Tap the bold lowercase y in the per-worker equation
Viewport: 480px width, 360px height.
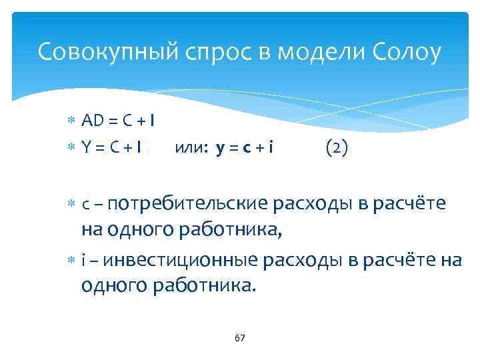coord(220,148)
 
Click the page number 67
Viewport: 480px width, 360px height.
coord(240,338)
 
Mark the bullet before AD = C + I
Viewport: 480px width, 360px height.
coord(72,121)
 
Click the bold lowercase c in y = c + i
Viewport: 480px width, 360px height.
coord(247,148)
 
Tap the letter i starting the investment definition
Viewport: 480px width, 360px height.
coord(83,259)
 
